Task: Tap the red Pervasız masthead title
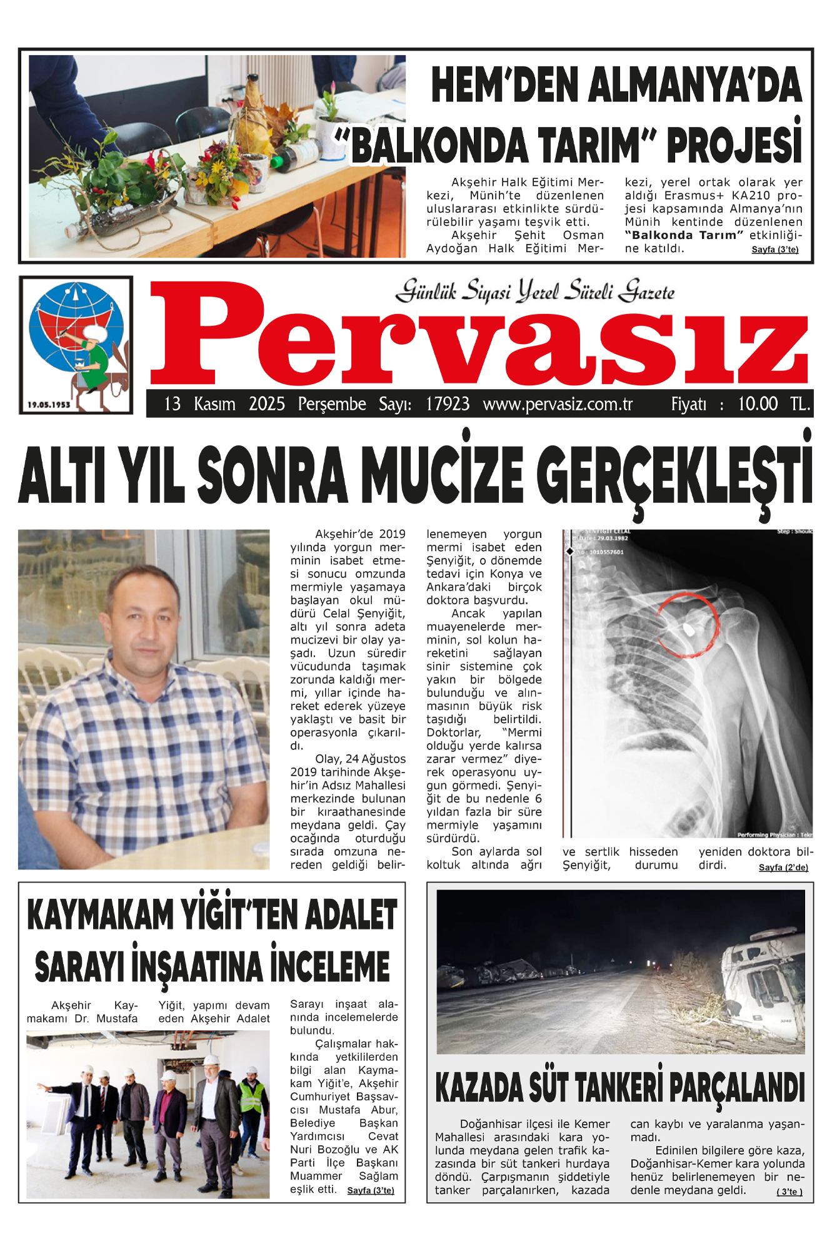(479, 335)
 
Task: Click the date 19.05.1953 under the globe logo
(49, 405)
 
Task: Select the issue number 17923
(448, 404)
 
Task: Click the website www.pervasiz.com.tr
(558, 404)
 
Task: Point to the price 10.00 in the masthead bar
(758, 404)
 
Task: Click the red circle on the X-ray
(688, 625)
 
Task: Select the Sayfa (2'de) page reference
(783, 868)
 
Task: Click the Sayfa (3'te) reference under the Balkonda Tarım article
(774, 250)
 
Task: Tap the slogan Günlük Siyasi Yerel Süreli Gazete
(535, 291)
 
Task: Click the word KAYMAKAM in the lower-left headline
(101, 914)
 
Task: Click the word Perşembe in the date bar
(332, 404)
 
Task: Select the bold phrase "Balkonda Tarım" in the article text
(684, 235)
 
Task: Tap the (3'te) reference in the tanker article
(789, 1192)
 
